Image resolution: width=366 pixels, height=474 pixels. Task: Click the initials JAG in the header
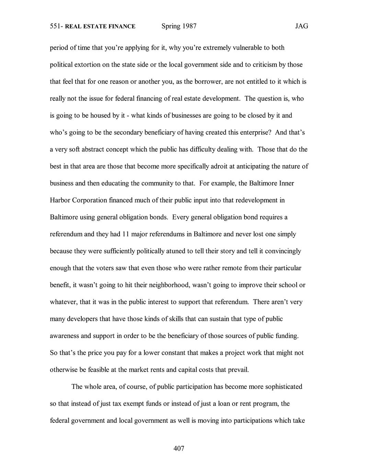pyautogui.click(x=301, y=26)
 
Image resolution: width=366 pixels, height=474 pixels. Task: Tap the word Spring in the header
pyautogui.click(x=171, y=26)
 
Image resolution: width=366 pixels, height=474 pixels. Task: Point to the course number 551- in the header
pyautogui.click(x=56, y=26)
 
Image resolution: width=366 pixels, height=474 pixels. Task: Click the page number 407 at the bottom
pyautogui.click(x=179, y=448)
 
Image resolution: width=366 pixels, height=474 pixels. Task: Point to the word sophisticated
pyautogui.click(x=284, y=387)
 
